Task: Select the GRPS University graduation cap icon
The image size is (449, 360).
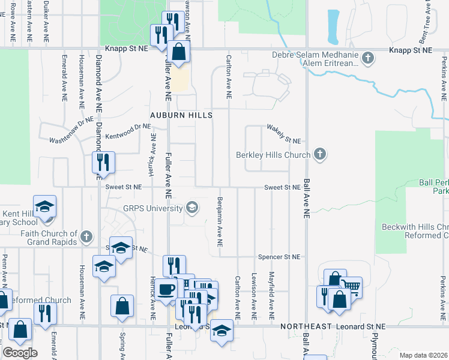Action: pyautogui.click(x=192, y=208)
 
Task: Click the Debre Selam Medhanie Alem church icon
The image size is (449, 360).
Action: pyautogui.click(x=369, y=58)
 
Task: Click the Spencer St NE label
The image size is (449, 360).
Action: pyautogui.click(x=279, y=257)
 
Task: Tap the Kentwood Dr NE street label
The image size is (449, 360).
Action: pyautogui.click(x=127, y=128)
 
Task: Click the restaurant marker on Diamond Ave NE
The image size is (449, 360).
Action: pyautogui.click(x=103, y=162)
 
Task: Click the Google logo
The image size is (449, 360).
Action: pyautogui.click(x=20, y=352)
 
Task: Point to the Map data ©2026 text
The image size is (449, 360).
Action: pyautogui.click(x=423, y=355)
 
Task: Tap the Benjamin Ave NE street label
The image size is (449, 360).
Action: pyautogui.click(x=220, y=221)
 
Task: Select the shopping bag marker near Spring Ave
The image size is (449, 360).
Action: pyautogui.click(x=122, y=306)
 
